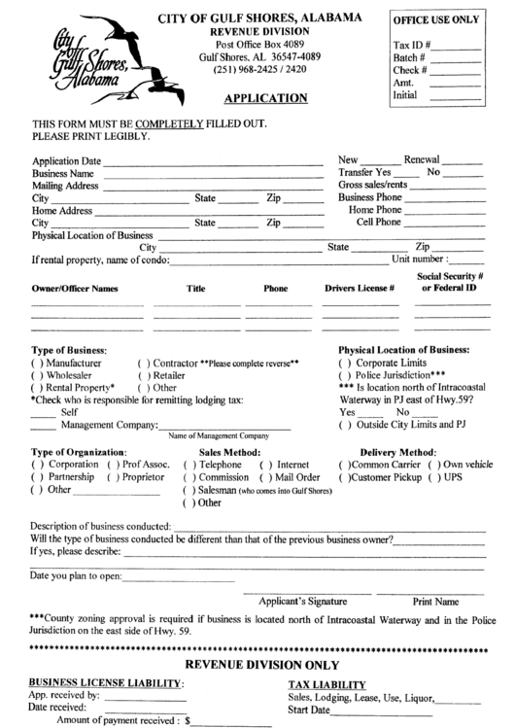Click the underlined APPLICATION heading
coord(265,97)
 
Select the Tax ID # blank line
coord(458,48)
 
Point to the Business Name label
coord(63,173)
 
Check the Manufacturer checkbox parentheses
coord(38,362)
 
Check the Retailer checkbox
coord(143,374)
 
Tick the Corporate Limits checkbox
coord(345,362)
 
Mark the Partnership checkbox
coord(38,477)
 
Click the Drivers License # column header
coord(359,289)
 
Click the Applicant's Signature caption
coord(302,602)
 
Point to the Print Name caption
coord(435,602)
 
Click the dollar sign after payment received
coord(188,721)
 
